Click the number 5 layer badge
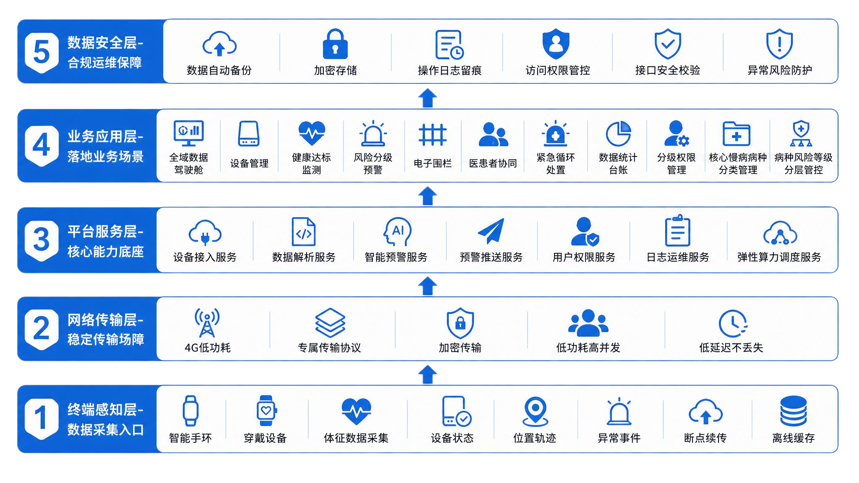42,52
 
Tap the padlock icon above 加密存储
335,44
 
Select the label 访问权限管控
558,70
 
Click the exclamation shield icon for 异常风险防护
779,44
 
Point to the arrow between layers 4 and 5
427,98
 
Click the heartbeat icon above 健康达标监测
312,133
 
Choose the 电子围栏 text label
432,164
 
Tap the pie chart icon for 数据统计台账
618,134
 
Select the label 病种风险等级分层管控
803,164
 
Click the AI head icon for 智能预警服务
397,231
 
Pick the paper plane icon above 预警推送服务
491,231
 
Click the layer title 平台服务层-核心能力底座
106,241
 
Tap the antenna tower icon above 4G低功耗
207,323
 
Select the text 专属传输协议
329,348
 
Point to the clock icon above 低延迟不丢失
733,323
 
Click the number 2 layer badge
42,329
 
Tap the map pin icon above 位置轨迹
535,411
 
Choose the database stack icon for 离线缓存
794,411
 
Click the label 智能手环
190,438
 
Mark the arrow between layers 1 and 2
427,374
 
